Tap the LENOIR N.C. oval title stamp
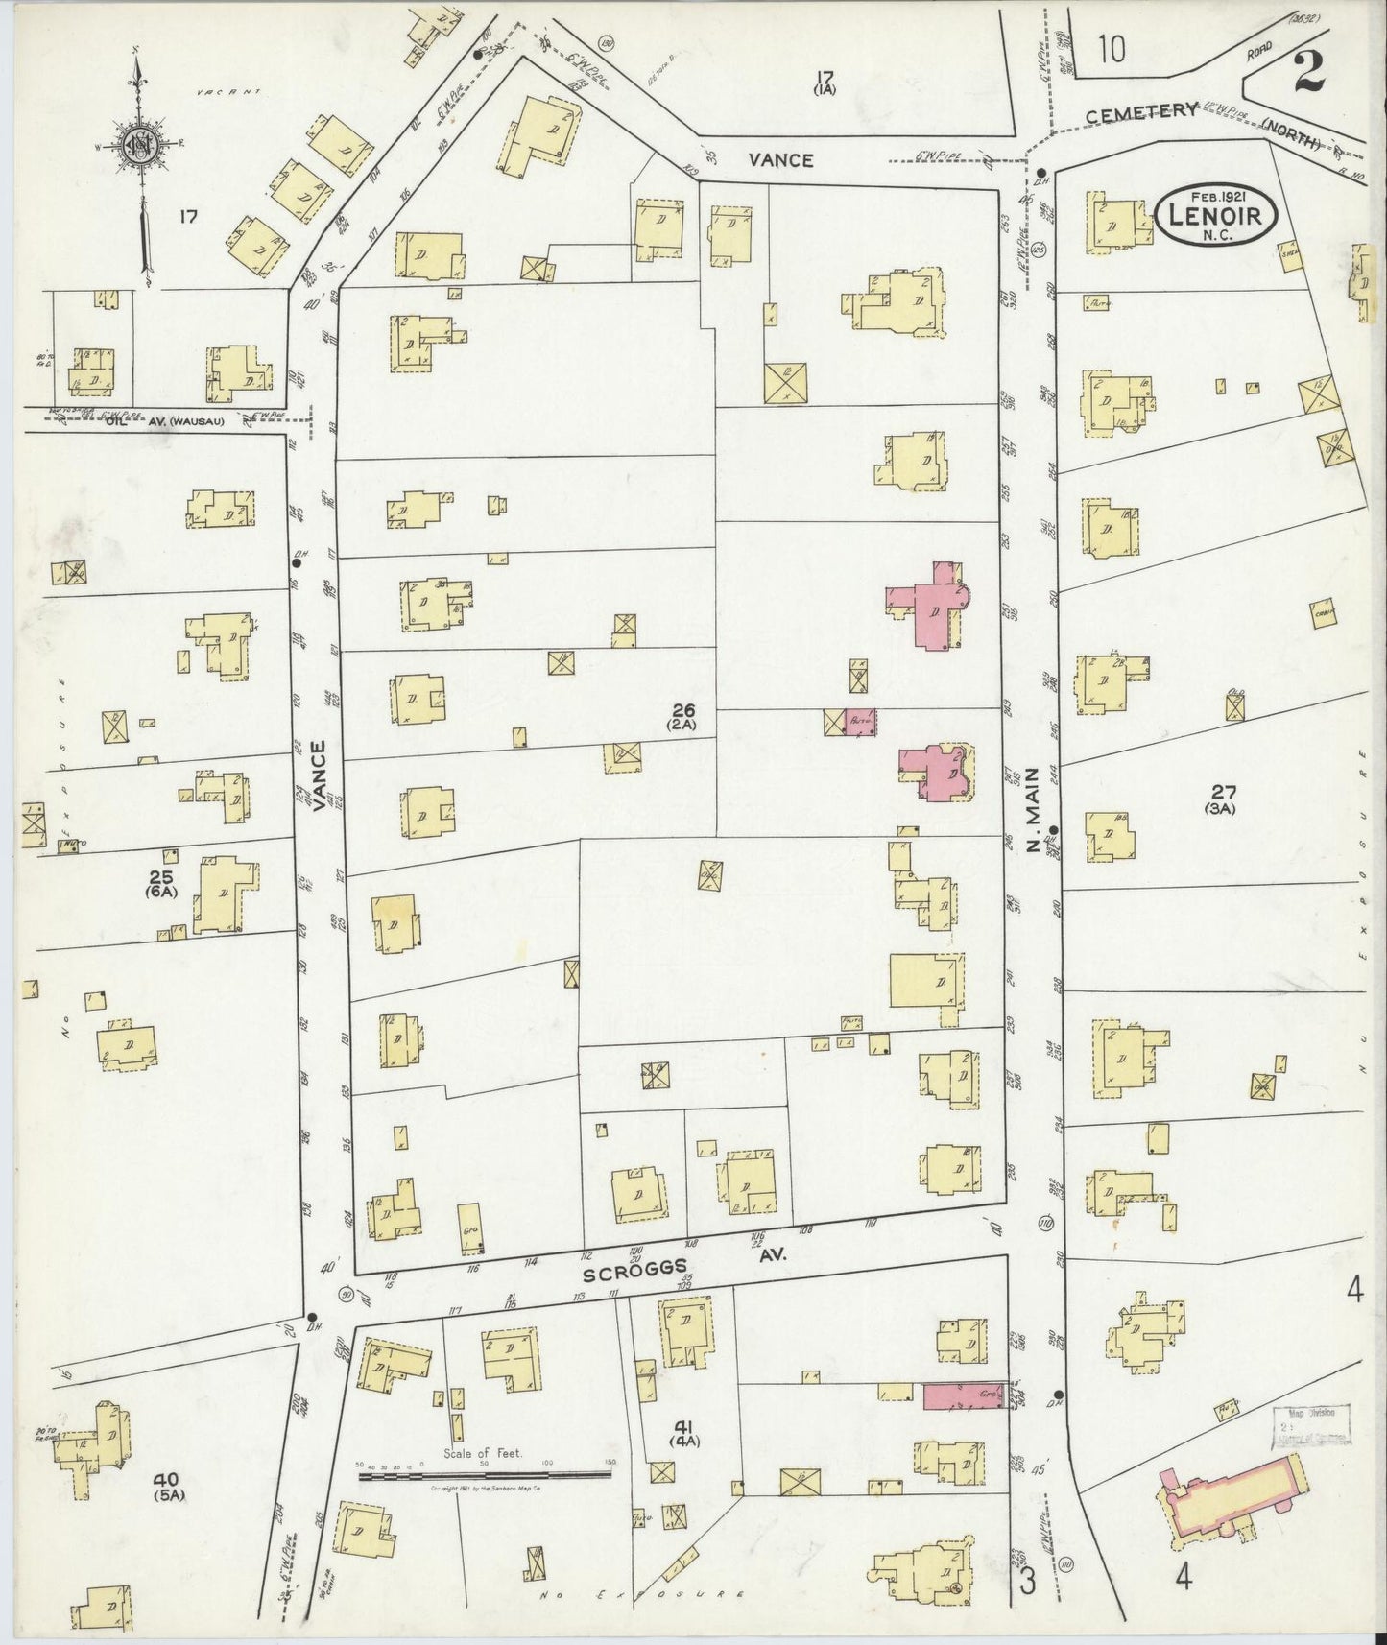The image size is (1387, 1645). coord(1216,217)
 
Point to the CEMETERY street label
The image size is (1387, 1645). coord(1142,112)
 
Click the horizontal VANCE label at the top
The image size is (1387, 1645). coord(781,160)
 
